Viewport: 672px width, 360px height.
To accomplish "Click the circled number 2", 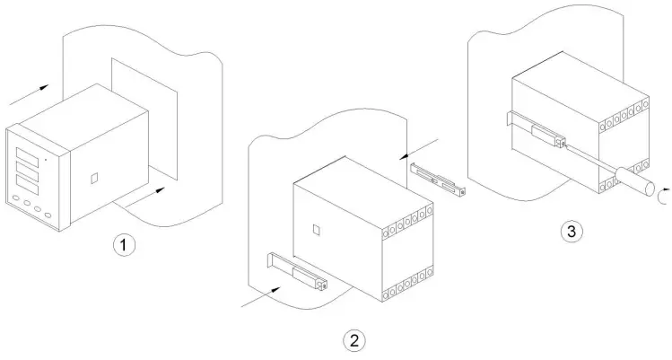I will click(x=355, y=340).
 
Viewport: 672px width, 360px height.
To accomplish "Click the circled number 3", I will click(x=570, y=232).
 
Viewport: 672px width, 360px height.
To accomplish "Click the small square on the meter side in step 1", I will click(x=94, y=179).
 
